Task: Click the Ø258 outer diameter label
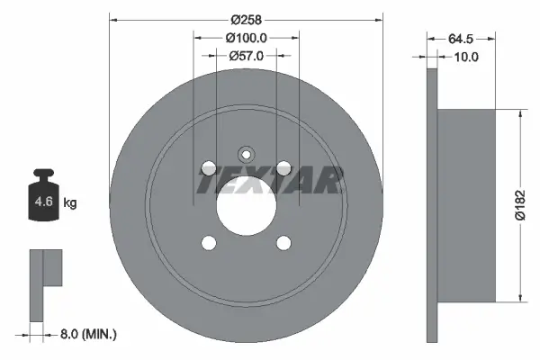click(x=246, y=19)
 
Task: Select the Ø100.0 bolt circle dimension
click(x=246, y=38)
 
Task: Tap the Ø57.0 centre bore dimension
click(x=246, y=55)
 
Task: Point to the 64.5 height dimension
click(x=460, y=40)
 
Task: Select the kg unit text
click(x=70, y=203)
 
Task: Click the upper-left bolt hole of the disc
click(x=209, y=167)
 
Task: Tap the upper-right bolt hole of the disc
click(x=283, y=167)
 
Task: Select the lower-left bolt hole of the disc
click(x=209, y=242)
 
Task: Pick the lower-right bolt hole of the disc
click(x=283, y=242)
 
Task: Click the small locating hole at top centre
click(x=246, y=153)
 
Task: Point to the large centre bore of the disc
click(x=246, y=205)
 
